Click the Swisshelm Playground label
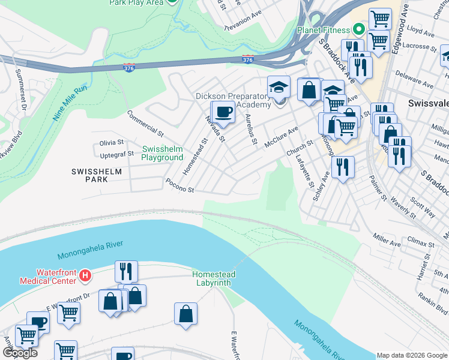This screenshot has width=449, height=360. point(162,153)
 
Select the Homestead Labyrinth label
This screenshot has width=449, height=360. point(214,278)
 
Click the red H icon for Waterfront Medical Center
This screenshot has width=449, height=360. point(85,277)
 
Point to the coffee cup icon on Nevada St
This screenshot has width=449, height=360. point(224,112)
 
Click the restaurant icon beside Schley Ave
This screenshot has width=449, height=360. point(342,166)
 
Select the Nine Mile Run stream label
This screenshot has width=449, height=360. point(70,104)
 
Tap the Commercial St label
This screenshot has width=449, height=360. point(145,122)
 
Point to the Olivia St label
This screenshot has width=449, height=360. point(112,143)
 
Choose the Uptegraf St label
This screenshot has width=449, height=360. point(116,154)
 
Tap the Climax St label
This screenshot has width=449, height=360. point(420,244)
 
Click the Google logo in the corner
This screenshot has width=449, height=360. point(19,353)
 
